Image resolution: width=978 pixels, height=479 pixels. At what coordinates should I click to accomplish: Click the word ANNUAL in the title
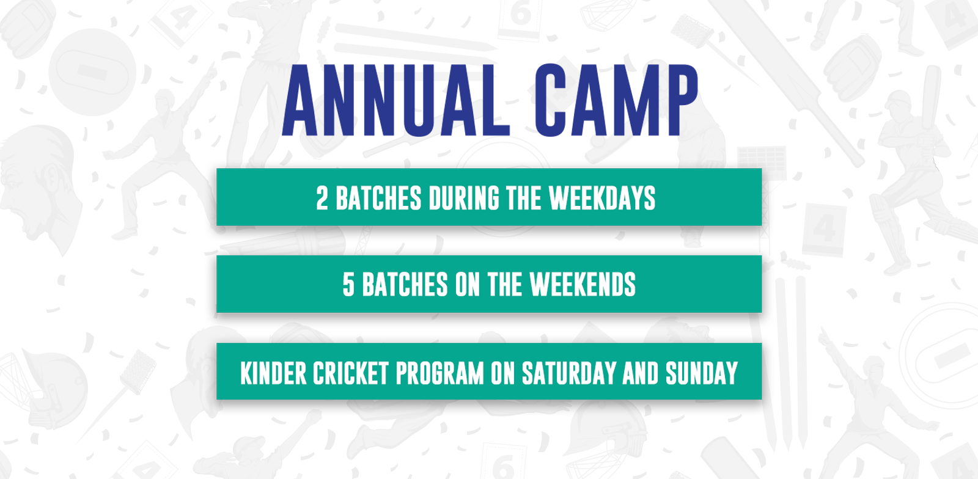pyautogui.click(x=396, y=100)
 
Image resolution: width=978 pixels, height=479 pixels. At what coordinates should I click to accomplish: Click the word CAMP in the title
pyautogui.click(x=617, y=100)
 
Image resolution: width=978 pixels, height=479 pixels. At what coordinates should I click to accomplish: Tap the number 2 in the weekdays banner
pyautogui.click(x=322, y=199)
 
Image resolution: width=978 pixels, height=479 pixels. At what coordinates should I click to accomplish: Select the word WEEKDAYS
pyautogui.click(x=602, y=199)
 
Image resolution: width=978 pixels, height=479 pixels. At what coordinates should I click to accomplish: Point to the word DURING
pyautogui.click(x=464, y=199)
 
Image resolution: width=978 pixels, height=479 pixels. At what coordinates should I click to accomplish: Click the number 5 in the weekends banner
pyautogui.click(x=348, y=285)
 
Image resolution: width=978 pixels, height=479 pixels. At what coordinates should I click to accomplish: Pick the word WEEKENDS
pyautogui.click(x=583, y=285)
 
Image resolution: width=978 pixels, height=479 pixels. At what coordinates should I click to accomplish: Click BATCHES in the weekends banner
pyautogui.click(x=405, y=285)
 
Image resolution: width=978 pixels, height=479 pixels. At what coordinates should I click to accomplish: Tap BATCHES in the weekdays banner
pyautogui.click(x=378, y=199)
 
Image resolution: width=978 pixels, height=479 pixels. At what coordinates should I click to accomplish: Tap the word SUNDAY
pyautogui.click(x=702, y=373)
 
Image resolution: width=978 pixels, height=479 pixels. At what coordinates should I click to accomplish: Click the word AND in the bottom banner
pyautogui.click(x=641, y=373)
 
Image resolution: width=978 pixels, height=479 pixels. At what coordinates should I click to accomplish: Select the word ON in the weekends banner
pyautogui.click(x=468, y=285)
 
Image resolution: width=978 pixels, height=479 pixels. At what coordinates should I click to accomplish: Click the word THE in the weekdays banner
pyautogui.click(x=524, y=199)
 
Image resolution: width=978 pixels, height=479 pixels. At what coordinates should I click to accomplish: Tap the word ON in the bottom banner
pyautogui.click(x=503, y=373)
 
